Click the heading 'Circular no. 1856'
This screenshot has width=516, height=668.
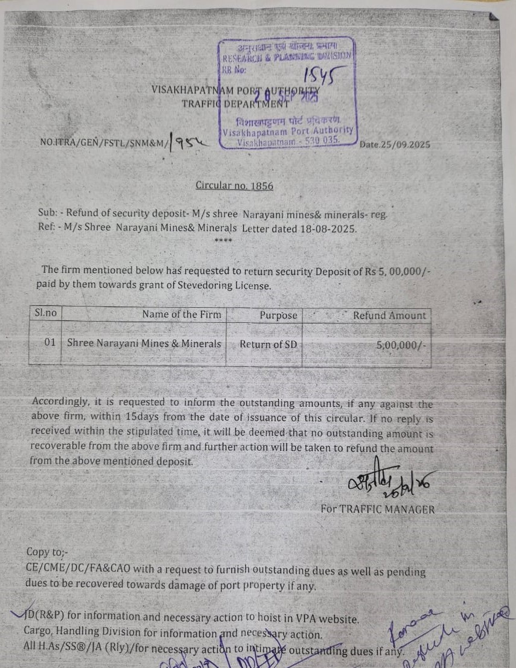234,185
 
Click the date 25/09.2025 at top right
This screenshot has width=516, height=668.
395,145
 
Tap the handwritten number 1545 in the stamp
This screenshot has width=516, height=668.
319,74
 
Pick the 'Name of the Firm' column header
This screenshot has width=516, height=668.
182,314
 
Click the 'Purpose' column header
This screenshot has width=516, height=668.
278,315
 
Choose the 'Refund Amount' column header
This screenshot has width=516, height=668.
389,315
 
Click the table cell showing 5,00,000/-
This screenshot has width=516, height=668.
401,345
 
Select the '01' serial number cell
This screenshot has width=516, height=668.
49,342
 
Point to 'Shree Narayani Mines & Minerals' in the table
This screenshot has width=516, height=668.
144,343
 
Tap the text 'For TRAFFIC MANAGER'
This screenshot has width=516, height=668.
377,509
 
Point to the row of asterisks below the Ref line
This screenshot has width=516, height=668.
223,241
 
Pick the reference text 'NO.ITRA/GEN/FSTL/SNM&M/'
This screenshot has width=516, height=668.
103,143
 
